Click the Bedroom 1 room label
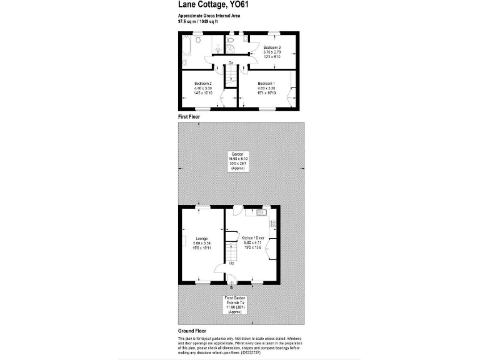click(266, 84)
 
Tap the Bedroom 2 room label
click(203, 84)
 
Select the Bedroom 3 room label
click(272, 47)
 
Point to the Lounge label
click(201, 238)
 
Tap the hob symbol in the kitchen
click(272, 222)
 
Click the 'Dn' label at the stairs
click(231, 63)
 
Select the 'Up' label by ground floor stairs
click(231, 263)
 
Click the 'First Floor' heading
click(189, 117)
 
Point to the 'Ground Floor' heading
click(192, 331)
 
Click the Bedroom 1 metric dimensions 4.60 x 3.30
click(266, 89)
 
